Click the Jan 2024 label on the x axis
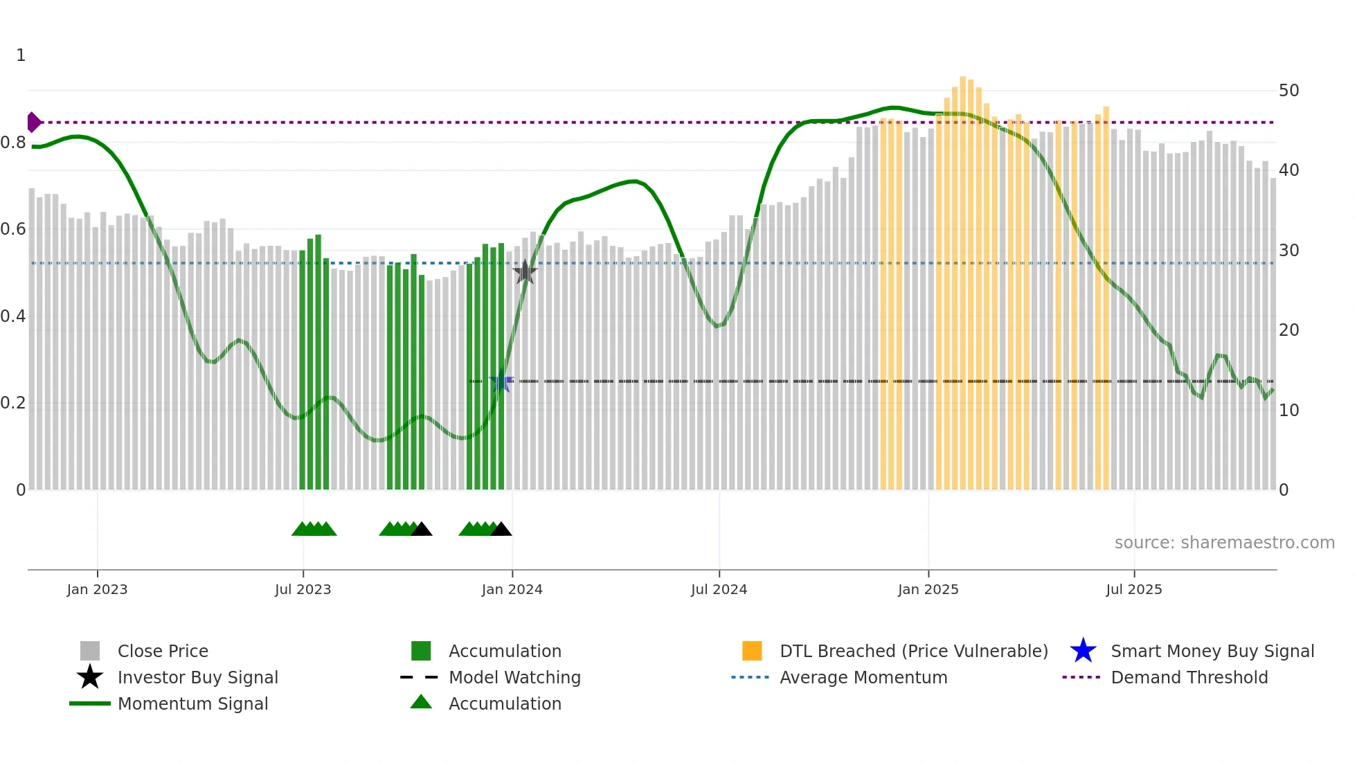coord(512,589)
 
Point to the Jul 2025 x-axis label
coord(1133,589)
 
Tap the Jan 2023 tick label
coord(97,589)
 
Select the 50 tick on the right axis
coord(1288,91)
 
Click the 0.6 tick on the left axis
coord(13,229)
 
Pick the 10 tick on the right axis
coord(1288,410)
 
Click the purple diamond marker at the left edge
coord(33,122)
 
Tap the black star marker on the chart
coord(525,272)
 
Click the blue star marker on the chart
coord(501,381)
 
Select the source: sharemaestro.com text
coord(1224,543)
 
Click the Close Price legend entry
coord(163,651)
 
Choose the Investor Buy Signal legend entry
coord(197,677)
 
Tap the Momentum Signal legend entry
coord(192,703)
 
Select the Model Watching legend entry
coord(514,677)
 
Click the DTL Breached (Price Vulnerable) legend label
coord(913,651)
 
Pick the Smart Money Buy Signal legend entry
coord(1212,651)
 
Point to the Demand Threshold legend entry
coord(1189,677)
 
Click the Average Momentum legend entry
coord(863,677)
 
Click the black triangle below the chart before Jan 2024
coord(501,530)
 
